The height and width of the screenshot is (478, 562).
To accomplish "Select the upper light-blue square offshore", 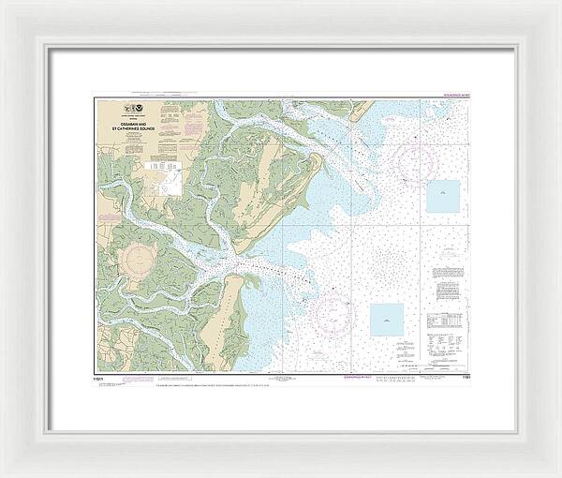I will pyautogui.click(x=443, y=195).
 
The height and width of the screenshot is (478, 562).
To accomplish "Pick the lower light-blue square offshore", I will pyautogui.click(x=386, y=320).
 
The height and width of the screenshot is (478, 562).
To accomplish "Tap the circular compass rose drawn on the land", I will pyautogui.click(x=140, y=256).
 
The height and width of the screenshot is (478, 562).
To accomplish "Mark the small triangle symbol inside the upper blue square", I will pyautogui.click(x=443, y=195).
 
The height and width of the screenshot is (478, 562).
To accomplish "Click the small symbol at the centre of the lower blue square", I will pyautogui.click(x=386, y=321).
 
